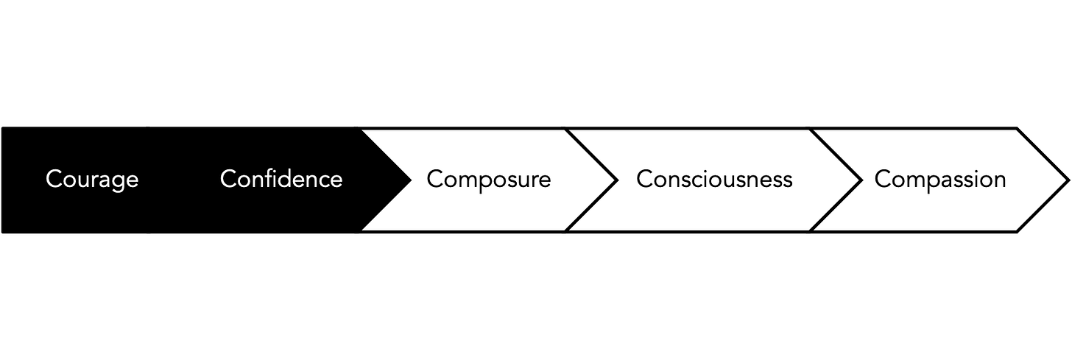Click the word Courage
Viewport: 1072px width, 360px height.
pyautogui.click(x=92, y=180)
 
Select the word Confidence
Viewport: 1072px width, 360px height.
pyautogui.click(x=281, y=179)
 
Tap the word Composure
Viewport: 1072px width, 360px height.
pyautogui.click(x=489, y=180)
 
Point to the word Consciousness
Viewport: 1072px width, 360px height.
pyautogui.click(x=714, y=180)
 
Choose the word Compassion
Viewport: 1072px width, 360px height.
pyautogui.click(x=940, y=180)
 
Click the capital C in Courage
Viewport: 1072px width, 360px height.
pyautogui.click(x=53, y=180)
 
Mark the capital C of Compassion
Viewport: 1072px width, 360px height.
pyautogui.click(x=882, y=180)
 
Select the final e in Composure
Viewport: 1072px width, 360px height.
pyautogui.click(x=545, y=180)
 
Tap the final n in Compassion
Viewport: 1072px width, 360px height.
pyautogui.click(x=999, y=180)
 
